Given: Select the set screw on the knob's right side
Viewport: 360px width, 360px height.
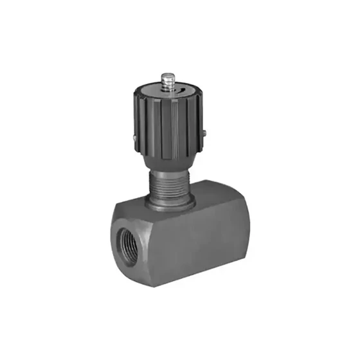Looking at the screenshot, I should (203, 133).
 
